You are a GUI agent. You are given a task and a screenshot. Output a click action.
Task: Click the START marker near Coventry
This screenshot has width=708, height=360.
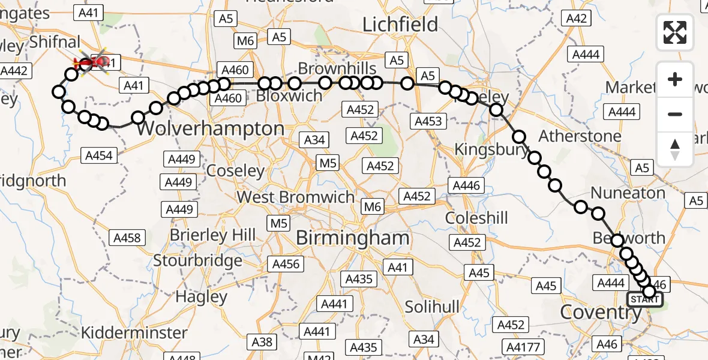point(645,299)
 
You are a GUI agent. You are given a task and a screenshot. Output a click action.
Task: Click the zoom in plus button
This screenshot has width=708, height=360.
point(675,79)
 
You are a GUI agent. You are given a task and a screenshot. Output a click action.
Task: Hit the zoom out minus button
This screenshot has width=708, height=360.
point(675,114)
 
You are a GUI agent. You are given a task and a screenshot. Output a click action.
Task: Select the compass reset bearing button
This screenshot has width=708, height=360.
point(675,149)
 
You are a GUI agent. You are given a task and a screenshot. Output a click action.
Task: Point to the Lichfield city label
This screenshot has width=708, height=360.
point(401,25)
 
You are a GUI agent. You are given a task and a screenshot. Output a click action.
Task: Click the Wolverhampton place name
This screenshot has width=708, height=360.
point(211,128)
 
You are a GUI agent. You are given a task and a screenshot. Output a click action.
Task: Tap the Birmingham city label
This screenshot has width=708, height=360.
point(353,238)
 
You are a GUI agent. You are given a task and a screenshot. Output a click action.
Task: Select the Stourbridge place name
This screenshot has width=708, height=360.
point(198,261)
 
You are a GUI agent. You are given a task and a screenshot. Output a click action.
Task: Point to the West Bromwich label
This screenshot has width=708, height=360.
point(296,197)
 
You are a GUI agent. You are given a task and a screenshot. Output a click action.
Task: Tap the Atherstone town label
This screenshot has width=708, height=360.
point(580,136)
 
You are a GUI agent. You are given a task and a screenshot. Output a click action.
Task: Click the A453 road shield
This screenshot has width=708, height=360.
point(428,121)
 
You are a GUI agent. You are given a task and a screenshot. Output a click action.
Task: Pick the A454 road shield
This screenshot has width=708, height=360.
point(99,156)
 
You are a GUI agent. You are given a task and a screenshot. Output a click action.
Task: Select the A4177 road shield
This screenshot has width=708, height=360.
point(524,347)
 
